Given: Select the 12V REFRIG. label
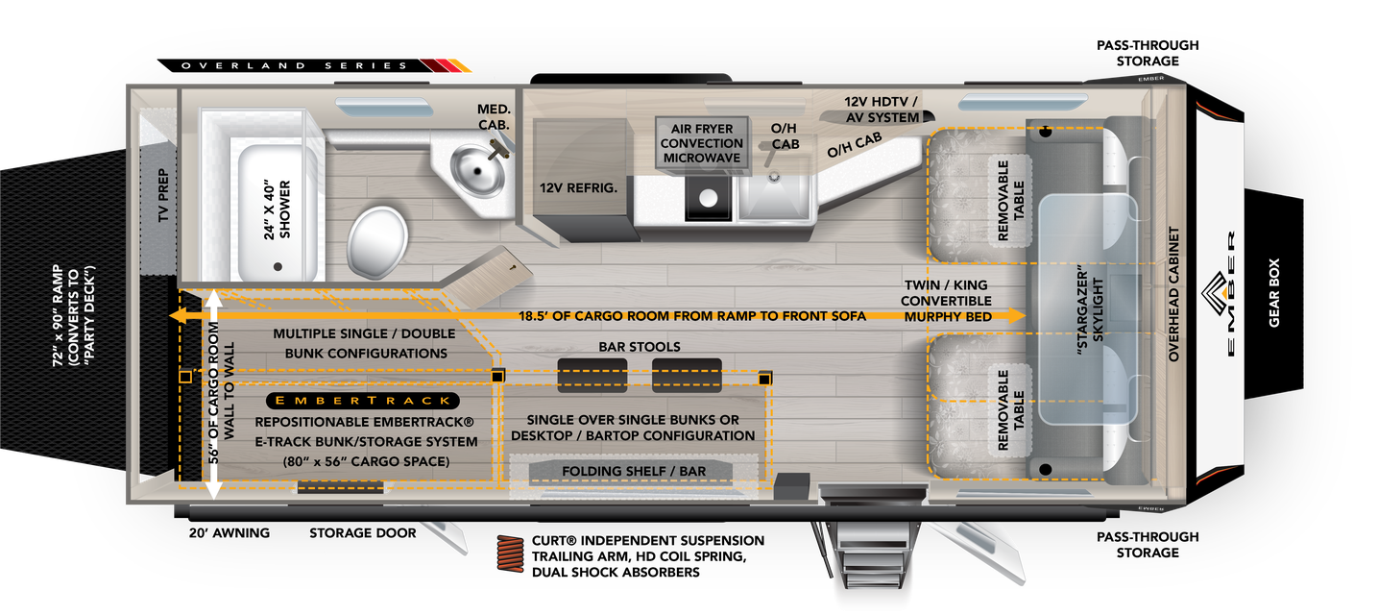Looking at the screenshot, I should tap(577, 187).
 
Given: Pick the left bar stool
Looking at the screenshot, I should tap(592, 374).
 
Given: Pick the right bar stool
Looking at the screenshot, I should tap(687, 374).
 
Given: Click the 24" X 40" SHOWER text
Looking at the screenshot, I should tap(278, 209).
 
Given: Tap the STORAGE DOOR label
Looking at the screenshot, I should tap(363, 532).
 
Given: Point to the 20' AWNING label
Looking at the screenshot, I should tap(230, 532).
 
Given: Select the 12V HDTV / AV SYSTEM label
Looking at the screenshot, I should tap(882, 109).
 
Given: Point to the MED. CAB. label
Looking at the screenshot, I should tap(493, 116).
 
